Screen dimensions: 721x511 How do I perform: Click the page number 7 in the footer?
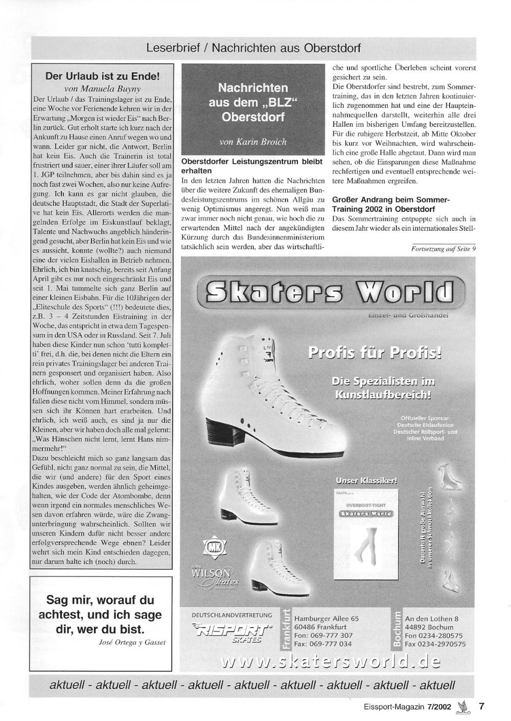(x=481, y=707)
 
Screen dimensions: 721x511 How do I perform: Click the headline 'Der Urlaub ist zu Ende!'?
(x=103, y=77)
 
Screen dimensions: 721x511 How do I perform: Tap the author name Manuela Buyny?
(x=103, y=88)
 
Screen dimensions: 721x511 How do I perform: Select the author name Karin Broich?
(x=253, y=141)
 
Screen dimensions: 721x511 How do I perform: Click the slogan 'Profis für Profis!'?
(x=375, y=353)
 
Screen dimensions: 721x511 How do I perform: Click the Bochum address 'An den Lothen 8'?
(x=431, y=618)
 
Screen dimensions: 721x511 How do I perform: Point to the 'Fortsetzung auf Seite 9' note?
(x=443, y=249)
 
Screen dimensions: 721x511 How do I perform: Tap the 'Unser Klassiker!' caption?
(x=366, y=480)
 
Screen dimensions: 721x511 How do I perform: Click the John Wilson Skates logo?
(x=214, y=578)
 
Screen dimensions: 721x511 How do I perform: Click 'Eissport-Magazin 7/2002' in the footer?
(x=401, y=707)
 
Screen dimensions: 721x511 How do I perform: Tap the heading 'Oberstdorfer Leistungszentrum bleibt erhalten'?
(x=252, y=166)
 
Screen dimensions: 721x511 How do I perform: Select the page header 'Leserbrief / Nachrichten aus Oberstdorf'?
(x=253, y=49)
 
